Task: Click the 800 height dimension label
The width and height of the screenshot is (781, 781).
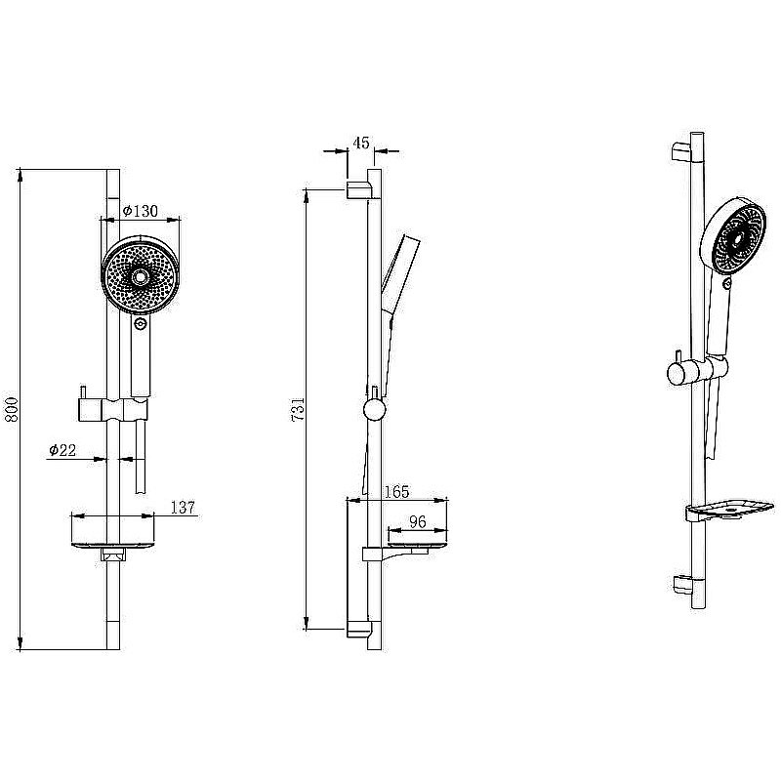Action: point(11,409)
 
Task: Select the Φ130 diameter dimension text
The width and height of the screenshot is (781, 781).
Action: point(140,211)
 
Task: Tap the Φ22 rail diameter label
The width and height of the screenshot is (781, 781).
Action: point(62,450)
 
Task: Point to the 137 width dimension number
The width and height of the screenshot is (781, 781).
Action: point(183,508)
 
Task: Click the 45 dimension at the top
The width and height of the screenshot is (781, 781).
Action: point(361,143)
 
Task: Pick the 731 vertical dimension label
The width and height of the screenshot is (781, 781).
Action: point(298,409)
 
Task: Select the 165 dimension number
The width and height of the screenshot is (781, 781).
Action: point(397,492)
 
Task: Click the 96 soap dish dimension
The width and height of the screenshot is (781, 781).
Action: point(418,521)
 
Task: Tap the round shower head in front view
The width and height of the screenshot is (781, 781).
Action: point(140,274)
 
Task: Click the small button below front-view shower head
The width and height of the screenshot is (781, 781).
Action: point(141,324)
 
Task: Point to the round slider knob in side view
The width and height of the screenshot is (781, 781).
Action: point(374,409)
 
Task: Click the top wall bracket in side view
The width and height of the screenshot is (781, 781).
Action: point(358,190)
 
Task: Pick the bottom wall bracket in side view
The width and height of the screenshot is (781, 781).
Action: point(358,629)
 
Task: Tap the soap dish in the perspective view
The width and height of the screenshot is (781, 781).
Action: point(729,510)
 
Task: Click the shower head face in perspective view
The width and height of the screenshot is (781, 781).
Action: point(739,239)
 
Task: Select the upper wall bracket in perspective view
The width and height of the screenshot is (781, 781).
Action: point(681,152)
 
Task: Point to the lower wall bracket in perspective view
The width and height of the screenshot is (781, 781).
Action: point(682,585)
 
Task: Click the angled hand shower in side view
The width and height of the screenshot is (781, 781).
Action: point(396,299)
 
